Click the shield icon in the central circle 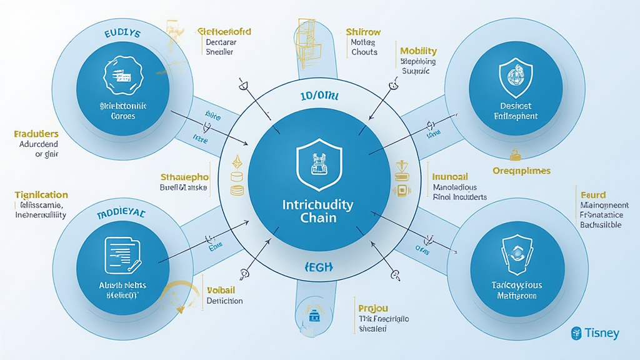point(319,164)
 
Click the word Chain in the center point(319,217)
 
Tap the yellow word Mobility point(418,51)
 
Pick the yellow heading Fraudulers point(36,134)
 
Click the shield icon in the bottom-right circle point(516,253)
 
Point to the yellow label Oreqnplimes point(521,170)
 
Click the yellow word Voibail point(221,290)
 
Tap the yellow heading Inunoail point(450,176)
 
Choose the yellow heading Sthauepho point(184,176)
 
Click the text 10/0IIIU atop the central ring point(319,97)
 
